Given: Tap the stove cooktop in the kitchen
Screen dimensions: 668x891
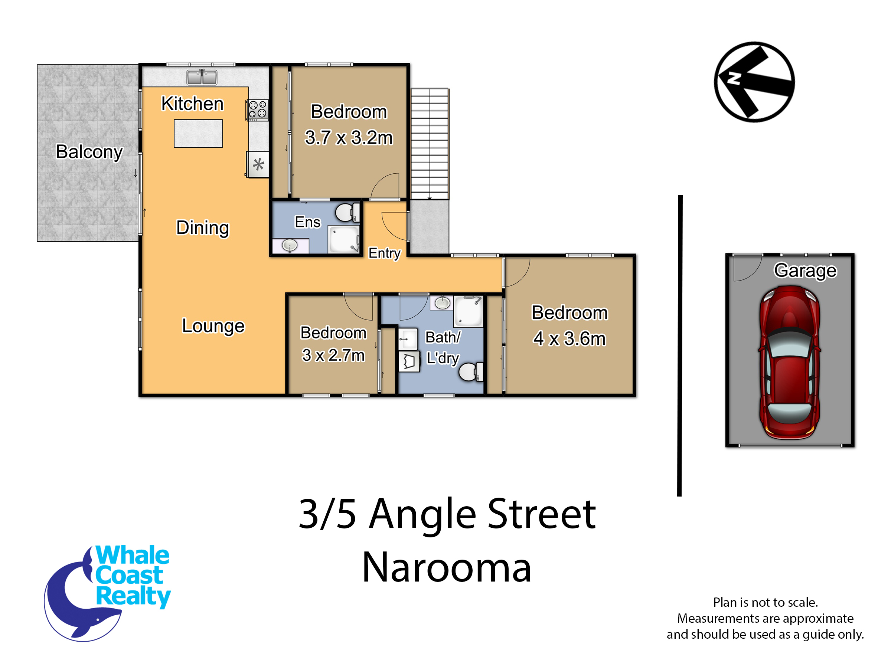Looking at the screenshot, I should point(257,110).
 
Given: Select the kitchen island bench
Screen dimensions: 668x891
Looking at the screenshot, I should point(198,133).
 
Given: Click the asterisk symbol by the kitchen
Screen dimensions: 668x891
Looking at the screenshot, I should point(258,164).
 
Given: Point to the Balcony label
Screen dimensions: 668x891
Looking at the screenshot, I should point(89,152).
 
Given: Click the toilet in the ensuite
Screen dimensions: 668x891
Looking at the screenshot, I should point(347,212).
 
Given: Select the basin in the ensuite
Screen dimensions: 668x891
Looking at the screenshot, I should point(290,245).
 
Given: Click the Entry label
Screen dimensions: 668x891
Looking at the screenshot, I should point(384,253).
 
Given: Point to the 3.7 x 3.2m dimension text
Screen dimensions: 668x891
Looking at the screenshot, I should point(349,138).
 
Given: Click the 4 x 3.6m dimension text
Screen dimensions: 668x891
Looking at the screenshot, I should point(569,338).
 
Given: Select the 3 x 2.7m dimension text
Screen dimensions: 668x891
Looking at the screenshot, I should point(333,355).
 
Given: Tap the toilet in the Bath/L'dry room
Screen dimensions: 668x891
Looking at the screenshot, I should point(470,371).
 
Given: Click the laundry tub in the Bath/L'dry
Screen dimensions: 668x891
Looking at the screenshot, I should point(409,361).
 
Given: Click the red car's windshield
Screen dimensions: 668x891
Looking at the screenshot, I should point(790,346).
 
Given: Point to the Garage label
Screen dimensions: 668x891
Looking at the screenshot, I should point(805,270).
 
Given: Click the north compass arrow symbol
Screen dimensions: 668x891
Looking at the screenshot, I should point(754,82).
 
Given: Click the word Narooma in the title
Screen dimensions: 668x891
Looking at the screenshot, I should point(447,567).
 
